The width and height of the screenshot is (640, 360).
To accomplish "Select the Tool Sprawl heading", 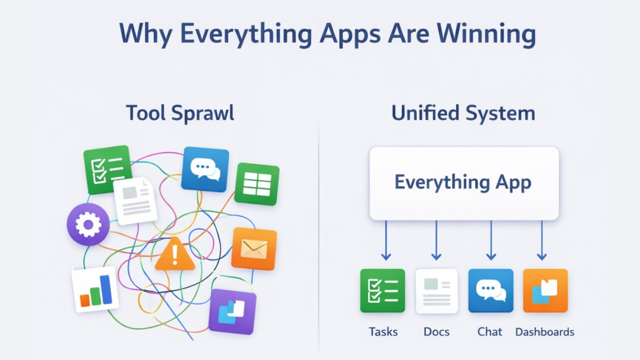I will [180, 113].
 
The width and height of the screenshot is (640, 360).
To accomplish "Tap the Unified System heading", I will [463, 113].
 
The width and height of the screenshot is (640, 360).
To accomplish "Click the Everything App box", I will [463, 183].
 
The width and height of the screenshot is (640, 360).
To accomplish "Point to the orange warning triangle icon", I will [174, 255].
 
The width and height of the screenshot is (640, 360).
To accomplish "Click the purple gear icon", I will [88, 224].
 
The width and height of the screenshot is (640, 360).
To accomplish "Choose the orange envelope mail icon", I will [254, 248].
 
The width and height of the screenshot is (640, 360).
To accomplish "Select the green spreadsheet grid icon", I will [257, 183].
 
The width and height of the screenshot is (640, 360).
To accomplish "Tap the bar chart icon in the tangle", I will [95, 289].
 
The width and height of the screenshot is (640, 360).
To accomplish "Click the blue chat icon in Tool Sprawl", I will [205, 169].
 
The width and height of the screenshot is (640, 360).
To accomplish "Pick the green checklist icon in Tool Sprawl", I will [106, 168].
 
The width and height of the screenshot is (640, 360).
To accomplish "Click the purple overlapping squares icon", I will [232, 311].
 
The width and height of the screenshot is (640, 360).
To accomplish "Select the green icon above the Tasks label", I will [382, 290].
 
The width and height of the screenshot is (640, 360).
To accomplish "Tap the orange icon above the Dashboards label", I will [545, 290].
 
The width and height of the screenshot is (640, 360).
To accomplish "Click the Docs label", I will [436, 331].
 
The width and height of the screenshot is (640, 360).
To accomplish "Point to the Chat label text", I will [490, 331].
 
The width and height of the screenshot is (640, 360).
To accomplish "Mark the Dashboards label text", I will [544, 331].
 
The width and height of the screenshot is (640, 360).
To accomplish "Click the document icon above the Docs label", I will [436, 291].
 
